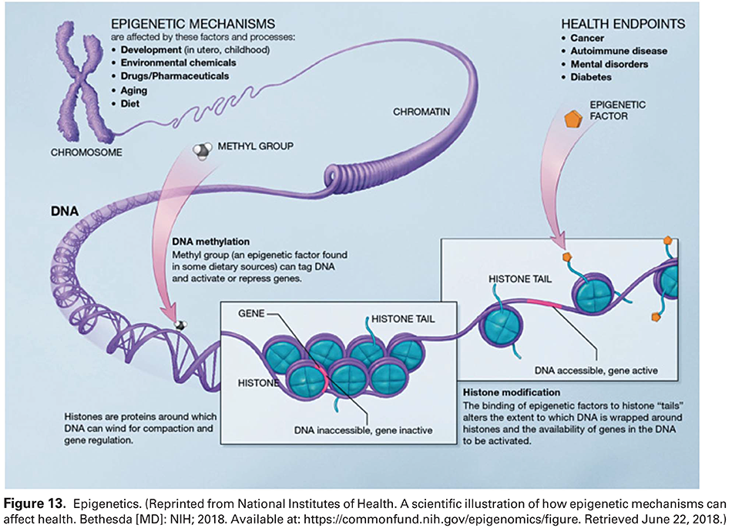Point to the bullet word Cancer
588,38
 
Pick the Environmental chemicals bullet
177,62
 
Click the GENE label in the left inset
252,314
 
